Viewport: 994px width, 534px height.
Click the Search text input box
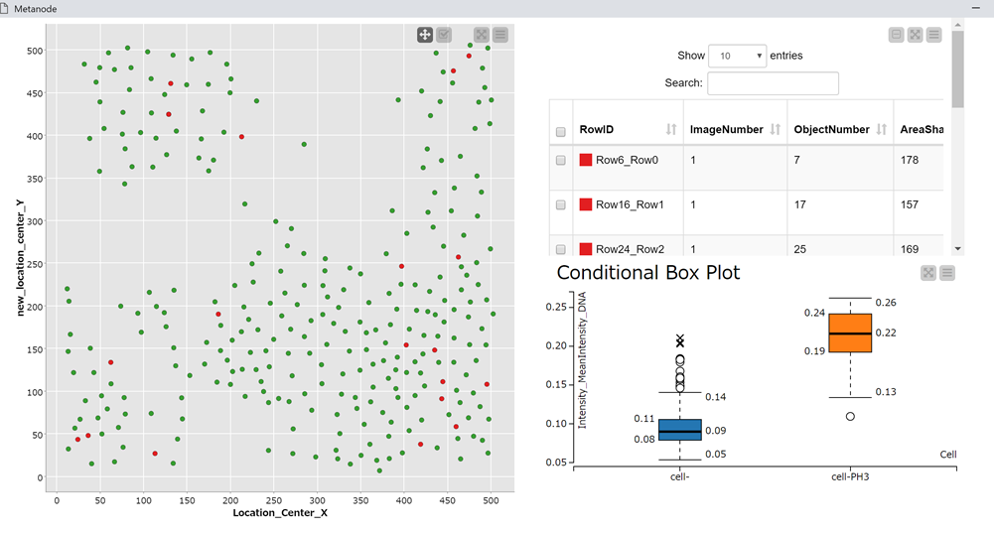pyautogui.click(x=773, y=83)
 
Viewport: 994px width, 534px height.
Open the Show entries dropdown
pyautogui.click(x=737, y=56)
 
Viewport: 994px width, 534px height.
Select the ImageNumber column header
pyautogui.click(x=726, y=130)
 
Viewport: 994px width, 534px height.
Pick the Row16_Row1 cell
pyautogui.click(x=630, y=204)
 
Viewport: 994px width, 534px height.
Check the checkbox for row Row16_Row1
pyautogui.click(x=561, y=204)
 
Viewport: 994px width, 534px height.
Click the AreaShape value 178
pyautogui.click(x=911, y=160)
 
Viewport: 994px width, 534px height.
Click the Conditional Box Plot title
pyautogui.click(x=647, y=272)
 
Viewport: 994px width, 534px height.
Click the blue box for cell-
pyautogui.click(x=679, y=429)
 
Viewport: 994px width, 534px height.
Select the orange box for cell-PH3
pyautogui.click(x=850, y=334)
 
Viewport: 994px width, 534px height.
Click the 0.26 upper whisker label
pyautogui.click(x=886, y=302)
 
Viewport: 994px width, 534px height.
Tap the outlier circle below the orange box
pyautogui.click(x=851, y=416)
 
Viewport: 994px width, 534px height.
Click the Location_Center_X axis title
pyautogui.click(x=280, y=513)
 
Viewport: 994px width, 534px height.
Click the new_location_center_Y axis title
pyautogui.click(x=21, y=257)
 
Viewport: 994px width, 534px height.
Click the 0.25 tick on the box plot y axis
pyautogui.click(x=559, y=308)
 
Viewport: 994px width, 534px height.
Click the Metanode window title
pyautogui.click(x=35, y=9)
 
